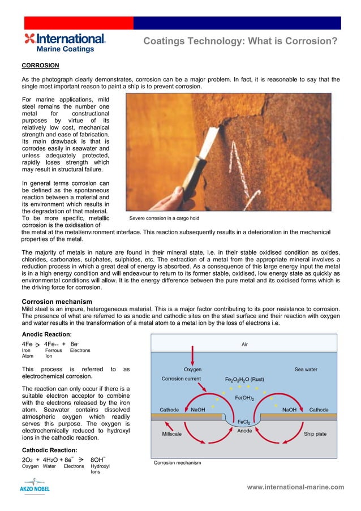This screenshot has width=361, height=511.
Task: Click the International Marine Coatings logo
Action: tap(65, 42)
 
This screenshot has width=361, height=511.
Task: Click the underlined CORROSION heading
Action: tap(40, 66)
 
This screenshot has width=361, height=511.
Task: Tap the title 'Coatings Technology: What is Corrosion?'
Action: tap(240, 41)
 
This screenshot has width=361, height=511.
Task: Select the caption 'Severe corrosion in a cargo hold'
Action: tap(164, 218)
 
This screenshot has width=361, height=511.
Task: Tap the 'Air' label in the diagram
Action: tap(244, 343)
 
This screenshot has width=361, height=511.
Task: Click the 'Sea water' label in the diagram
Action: tap(306, 370)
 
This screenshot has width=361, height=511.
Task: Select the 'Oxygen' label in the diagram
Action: tap(193, 370)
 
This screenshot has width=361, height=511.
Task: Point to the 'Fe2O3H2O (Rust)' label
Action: tap(244, 379)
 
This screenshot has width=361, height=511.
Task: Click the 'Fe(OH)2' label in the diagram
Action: tap(244, 398)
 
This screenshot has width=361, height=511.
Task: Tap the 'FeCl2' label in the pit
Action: tap(244, 422)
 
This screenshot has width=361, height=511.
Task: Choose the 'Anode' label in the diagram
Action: tap(244, 431)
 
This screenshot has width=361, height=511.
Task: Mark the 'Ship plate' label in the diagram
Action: tap(315, 434)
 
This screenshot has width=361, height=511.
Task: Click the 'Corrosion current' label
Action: tap(181, 379)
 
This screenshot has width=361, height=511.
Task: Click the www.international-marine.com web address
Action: tap(295, 487)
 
